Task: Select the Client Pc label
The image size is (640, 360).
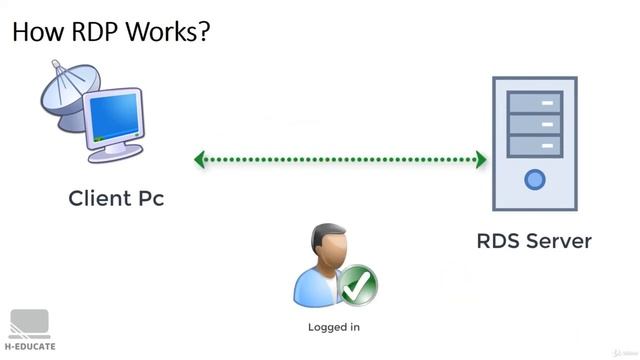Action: click(x=116, y=198)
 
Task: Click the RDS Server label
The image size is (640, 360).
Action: click(x=534, y=241)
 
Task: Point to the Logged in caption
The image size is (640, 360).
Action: click(x=334, y=327)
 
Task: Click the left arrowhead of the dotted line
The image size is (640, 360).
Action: click(x=200, y=159)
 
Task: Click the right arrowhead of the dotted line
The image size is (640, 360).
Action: click(x=481, y=159)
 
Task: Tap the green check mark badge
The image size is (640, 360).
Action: click(x=357, y=286)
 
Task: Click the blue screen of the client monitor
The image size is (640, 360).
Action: click(x=115, y=119)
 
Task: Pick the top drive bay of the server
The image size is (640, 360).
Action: click(x=535, y=101)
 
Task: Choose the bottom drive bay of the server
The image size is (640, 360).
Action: click(x=535, y=146)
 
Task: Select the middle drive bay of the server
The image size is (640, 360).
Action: click(x=535, y=124)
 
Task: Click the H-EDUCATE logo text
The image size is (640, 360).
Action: click(x=30, y=347)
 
